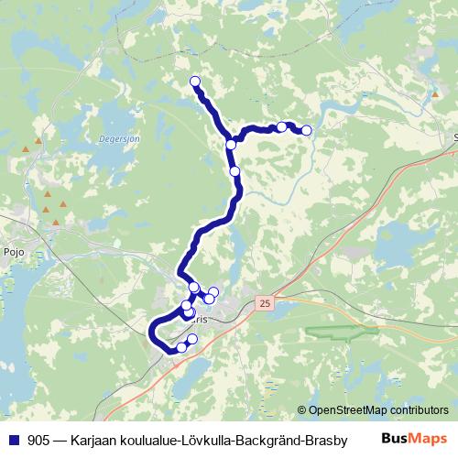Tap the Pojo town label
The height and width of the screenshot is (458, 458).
(13, 249)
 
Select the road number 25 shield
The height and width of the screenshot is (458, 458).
(266, 303)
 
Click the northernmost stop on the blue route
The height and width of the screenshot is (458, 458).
(194, 82)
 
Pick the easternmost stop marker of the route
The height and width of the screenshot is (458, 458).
(306, 131)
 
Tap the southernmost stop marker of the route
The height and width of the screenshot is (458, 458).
(181, 346)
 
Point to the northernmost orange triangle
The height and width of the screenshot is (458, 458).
(38, 141)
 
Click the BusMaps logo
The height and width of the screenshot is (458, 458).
(415, 440)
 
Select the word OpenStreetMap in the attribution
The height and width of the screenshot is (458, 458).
(344, 410)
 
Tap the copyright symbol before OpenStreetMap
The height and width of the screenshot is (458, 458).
(301, 410)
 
